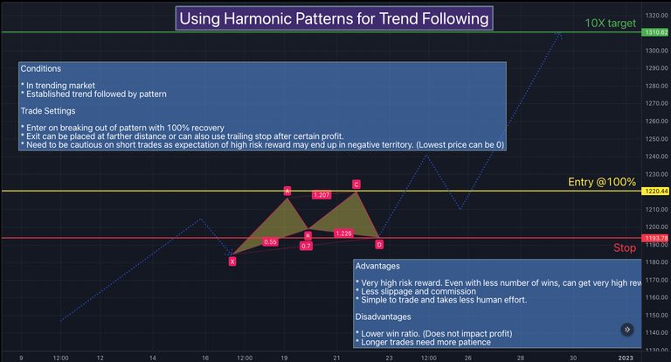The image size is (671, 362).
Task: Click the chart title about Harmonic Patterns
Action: pyautogui.click(x=334, y=17)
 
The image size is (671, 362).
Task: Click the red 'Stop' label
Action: pyautogui.click(x=624, y=248)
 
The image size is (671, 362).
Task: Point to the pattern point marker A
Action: pyautogui.click(x=287, y=191)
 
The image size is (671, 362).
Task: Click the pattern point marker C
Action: pyautogui.click(x=356, y=184)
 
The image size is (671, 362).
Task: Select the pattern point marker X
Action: pyautogui.click(x=232, y=261)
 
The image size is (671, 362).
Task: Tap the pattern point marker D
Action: pyautogui.click(x=379, y=244)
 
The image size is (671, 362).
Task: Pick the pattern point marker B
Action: pyautogui.click(x=308, y=234)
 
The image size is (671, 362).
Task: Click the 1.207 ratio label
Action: pyautogui.click(x=321, y=195)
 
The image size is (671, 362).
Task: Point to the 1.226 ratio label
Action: pyautogui.click(x=343, y=233)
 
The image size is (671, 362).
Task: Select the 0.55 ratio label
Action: pyautogui.click(x=270, y=241)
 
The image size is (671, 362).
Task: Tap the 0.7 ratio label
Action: pyautogui.click(x=306, y=247)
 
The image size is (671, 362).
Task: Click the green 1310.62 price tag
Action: pyautogui.click(x=655, y=32)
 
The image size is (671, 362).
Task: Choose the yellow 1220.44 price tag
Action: pyautogui.click(x=655, y=191)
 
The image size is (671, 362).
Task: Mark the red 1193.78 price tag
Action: pyautogui.click(x=655, y=238)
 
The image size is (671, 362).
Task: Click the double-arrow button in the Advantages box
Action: pyautogui.click(x=627, y=330)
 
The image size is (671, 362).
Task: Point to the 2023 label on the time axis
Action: pyautogui.click(x=626, y=357)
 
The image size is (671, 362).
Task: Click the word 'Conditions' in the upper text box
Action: pyautogui.click(x=41, y=68)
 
